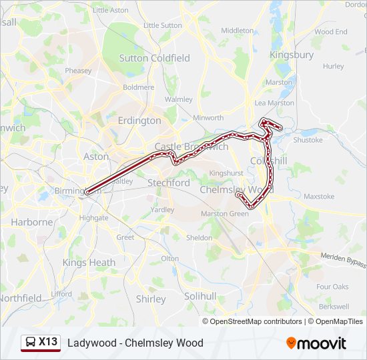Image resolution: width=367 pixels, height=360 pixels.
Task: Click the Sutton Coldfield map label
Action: coord(154,58)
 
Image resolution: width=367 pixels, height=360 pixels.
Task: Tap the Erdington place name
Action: coord(139,121)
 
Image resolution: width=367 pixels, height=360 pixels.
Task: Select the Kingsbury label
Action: coord(292,55)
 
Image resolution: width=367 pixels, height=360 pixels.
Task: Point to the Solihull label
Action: coord(201,295)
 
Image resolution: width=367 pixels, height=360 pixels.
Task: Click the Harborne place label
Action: coord(31,222)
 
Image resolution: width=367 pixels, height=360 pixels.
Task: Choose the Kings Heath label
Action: coord(89,263)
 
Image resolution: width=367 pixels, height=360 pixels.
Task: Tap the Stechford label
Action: coord(168,183)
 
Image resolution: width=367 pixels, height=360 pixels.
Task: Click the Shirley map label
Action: coord(151,299)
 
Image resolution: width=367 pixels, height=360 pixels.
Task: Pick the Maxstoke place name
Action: coord(319,197)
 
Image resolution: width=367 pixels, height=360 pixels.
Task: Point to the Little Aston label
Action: coord(111,10)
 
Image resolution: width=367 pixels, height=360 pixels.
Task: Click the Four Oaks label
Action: coord(332,287)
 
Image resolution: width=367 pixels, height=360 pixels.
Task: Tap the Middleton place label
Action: coord(237,31)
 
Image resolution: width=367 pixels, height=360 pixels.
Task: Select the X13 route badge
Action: coord(48,342)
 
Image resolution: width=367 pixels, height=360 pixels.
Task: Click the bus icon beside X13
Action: coord(31,343)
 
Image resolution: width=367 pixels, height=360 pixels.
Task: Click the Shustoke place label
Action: coord(308,140)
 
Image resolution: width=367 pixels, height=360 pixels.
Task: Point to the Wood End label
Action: coord(331,31)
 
